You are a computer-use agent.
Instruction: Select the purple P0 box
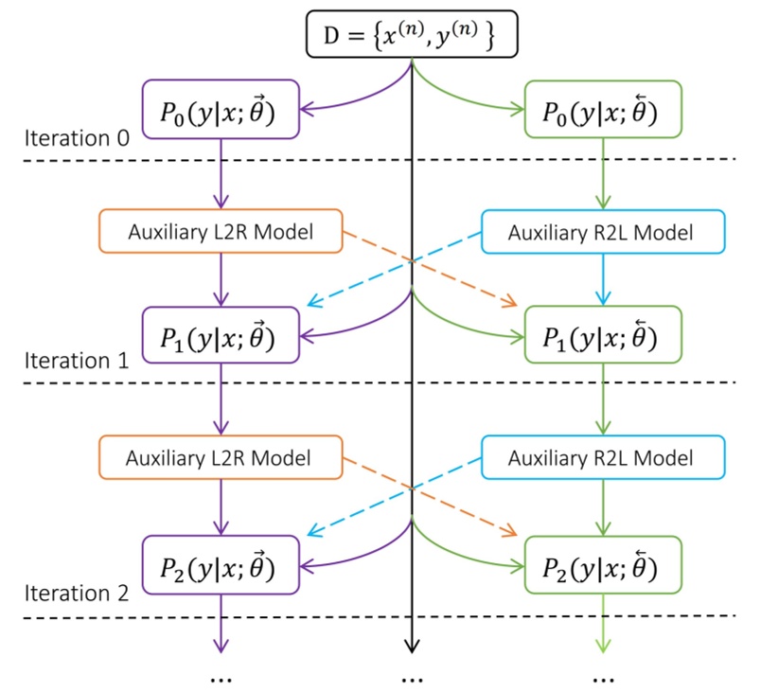[x=221, y=109]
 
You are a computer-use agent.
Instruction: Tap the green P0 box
[x=603, y=109]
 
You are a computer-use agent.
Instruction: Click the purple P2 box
[x=221, y=564]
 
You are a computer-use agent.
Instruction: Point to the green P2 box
[x=603, y=564]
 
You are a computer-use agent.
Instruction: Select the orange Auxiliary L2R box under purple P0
[x=221, y=232]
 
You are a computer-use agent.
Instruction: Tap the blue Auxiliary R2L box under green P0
[x=603, y=232]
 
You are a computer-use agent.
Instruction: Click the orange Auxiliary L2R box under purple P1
[x=221, y=458]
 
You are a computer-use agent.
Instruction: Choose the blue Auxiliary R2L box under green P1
[x=603, y=458]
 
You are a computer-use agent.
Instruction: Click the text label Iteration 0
[x=77, y=138]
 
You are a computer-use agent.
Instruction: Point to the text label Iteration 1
[x=77, y=361]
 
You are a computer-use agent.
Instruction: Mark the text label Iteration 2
[x=77, y=594]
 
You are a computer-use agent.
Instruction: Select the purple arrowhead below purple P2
[x=221, y=647]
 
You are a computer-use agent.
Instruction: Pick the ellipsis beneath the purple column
[x=221, y=678]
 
